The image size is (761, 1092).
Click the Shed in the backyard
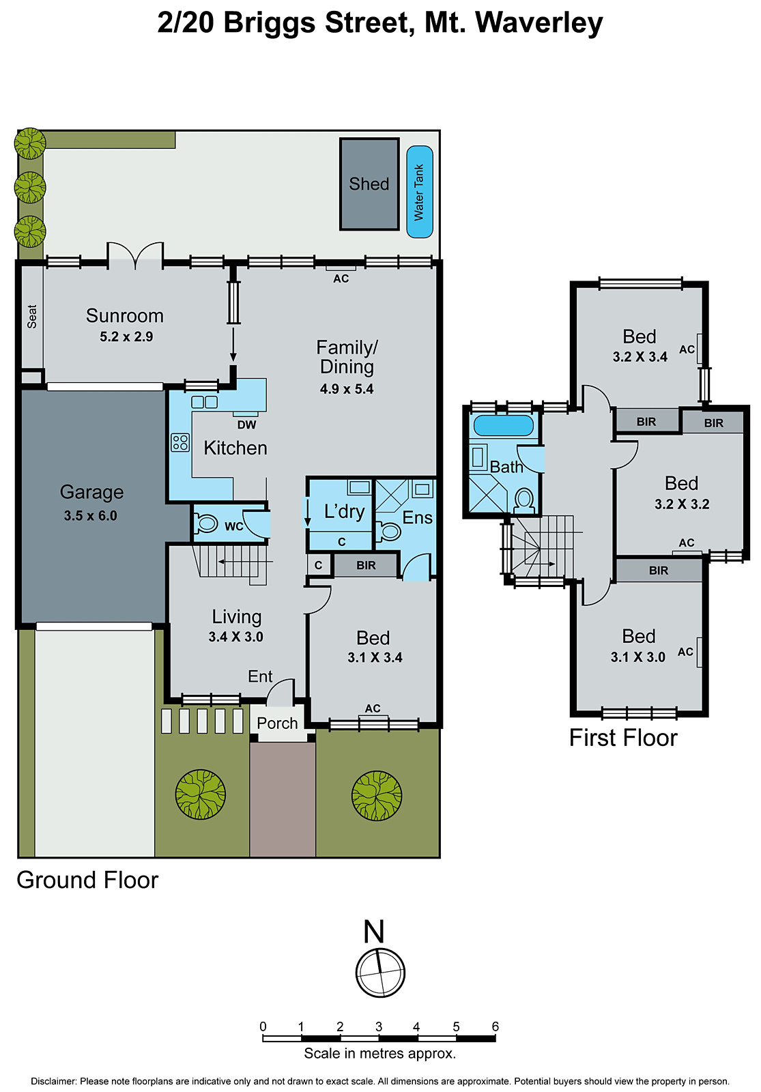pos(369,184)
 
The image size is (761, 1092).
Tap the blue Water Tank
pos(419,192)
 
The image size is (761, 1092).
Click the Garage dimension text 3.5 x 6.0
pos(91,516)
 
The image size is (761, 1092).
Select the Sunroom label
pos(125,316)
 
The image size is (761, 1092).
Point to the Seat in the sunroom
pos(32,317)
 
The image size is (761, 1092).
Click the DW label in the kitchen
pos(246,425)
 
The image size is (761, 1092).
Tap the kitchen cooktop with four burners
pos(180,442)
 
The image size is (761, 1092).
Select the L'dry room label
pos(344,511)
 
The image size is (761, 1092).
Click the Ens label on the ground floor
pos(417,518)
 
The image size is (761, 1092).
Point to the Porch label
pos(277,723)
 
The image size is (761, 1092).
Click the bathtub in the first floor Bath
pos(504,425)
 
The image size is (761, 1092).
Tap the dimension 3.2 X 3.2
pos(682,504)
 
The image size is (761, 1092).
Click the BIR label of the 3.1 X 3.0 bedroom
pos(659,571)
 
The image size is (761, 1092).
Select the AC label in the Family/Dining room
pos(341,278)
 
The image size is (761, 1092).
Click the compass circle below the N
pos(380,973)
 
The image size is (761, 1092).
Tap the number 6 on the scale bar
pos(495,1026)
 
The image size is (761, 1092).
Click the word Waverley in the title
pos(539,23)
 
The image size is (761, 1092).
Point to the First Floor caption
pos(623,738)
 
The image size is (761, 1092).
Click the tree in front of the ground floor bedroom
pos(377,796)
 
